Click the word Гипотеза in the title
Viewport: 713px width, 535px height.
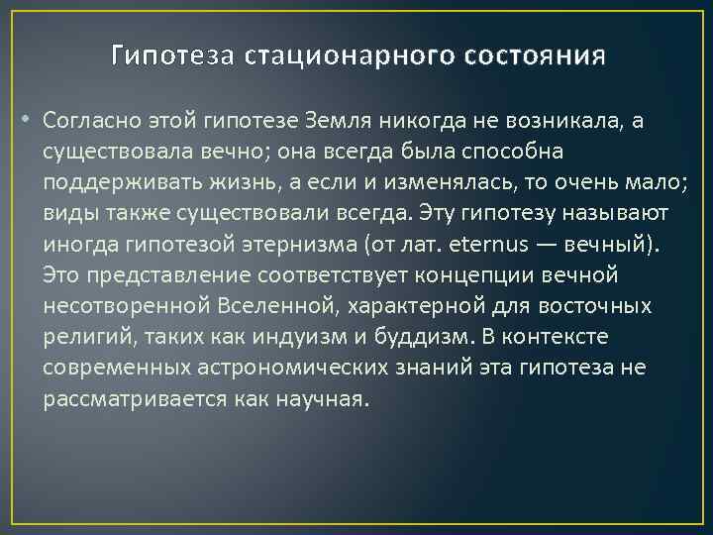[x=170, y=54]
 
